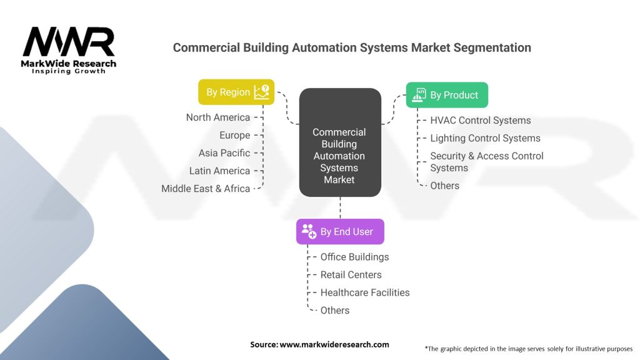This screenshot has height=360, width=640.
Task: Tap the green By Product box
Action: [447, 95]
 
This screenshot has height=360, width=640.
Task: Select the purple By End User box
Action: [340, 231]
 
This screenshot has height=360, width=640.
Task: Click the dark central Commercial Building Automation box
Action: [339, 143]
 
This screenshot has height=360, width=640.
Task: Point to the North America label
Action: [218, 117]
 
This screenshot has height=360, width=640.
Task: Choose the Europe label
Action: [234, 135]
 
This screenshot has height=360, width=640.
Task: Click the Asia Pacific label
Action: [224, 152]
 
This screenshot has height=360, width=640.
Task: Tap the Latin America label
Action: [219, 171]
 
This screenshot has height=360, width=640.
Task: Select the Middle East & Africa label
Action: [206, 188]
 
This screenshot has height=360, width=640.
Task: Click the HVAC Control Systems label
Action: [480, 120]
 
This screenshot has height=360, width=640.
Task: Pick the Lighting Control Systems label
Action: [485, 138]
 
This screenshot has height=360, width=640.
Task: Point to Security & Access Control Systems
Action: [486, 162]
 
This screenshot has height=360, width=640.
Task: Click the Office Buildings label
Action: [354, 257]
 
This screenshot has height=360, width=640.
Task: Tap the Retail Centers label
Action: [351, 274]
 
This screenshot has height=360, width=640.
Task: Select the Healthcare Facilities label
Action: [365, 292]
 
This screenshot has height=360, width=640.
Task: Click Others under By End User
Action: [335, 310]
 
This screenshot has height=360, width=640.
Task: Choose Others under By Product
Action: [444, 186]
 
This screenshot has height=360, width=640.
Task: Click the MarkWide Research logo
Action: [69, 51]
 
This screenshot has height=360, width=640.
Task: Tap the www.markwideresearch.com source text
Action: [334, 344]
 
